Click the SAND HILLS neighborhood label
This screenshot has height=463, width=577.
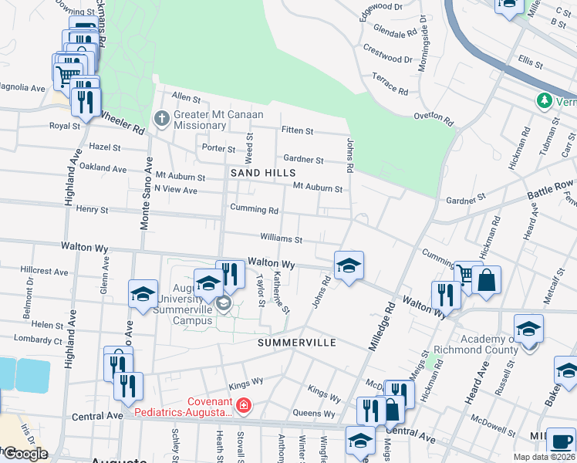[x=264, y=174]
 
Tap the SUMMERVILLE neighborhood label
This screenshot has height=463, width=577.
[x=297, y=342]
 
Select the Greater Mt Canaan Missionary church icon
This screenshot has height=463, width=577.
[x=161, y=119]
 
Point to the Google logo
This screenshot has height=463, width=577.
[x=25, y=454]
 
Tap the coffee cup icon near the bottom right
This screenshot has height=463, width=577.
[x=561, y=441]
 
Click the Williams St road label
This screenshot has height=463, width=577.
[x=281, y=240]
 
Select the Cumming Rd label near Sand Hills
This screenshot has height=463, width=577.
[x=254, y=209]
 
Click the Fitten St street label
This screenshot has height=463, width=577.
[x=297, y=131]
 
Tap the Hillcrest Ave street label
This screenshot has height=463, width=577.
[x=46, y=271]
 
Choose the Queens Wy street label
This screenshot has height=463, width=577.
[x=313, y=414]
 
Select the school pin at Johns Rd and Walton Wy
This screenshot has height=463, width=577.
[x=349, y=265]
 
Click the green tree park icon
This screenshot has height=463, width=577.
[x=545, y=101]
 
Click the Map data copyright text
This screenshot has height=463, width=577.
[x=544, y=457]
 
